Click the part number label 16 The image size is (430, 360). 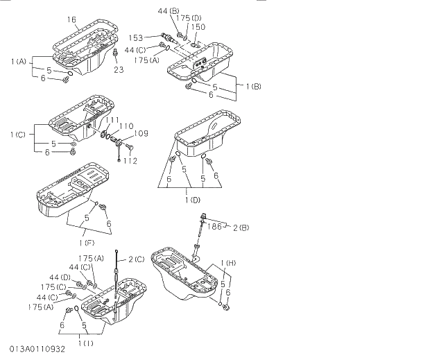coord(73,21)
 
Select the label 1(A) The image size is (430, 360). coord(19,62)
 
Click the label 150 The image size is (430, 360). coord(198,27)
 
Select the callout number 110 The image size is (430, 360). coord(126,126)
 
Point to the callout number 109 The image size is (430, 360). coord(139,132)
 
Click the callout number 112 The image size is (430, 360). coord(130,160)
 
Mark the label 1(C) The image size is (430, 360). coord(19,134)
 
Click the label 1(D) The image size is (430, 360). coord(193,200)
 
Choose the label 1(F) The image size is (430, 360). coord(87,242)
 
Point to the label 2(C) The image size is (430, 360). coord(135,259)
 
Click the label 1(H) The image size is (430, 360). coord(230,262)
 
